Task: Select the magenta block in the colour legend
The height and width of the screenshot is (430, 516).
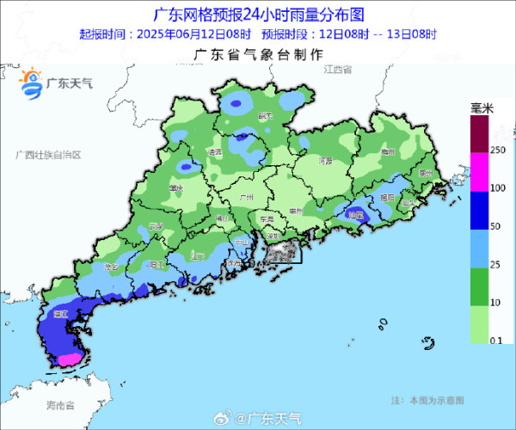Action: point(478,172)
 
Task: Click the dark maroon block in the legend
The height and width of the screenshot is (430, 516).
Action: point(478,134)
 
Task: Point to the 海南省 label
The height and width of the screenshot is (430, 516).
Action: point(60,404)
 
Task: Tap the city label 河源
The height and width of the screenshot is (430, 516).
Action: point(325,161)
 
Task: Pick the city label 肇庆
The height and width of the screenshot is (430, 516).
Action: point(176,187)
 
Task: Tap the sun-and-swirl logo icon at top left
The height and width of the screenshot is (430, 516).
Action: point(32,83)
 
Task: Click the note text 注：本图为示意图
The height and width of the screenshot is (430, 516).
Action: point(427,400)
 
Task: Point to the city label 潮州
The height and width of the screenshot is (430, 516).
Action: point(424,173)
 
